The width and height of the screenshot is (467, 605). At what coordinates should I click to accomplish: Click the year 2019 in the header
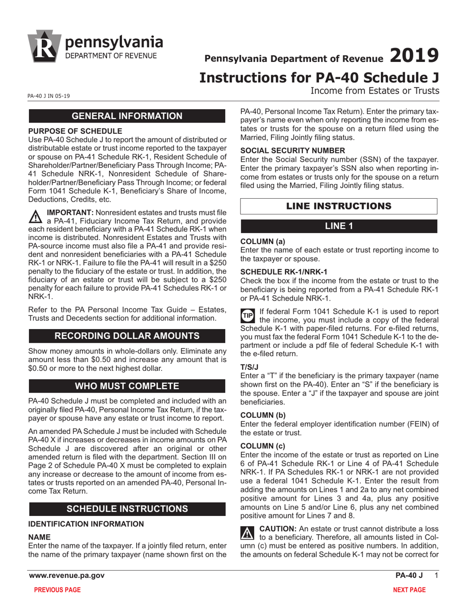point(413,56)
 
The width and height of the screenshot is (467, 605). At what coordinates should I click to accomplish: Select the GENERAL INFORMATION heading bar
point(127,116)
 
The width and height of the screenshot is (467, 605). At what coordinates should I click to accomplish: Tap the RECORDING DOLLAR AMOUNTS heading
point(127,336)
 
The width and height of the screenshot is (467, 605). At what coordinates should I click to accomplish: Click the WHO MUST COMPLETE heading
point(127,386)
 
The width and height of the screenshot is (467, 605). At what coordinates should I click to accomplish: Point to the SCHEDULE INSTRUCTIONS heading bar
point(127,509)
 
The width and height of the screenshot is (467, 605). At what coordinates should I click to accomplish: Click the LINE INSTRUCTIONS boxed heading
point(339,206)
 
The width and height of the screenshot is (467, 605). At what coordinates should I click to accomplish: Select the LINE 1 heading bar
point(339,226)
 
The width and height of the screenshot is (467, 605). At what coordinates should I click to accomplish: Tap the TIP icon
point(248,315)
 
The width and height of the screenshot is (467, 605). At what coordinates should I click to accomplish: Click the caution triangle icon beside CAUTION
point(247,533)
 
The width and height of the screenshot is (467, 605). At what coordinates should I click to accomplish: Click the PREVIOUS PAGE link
point(57,590)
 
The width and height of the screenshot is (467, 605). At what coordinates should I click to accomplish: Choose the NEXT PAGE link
point(409,590)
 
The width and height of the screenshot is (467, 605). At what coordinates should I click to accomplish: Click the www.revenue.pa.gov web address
point(66,575)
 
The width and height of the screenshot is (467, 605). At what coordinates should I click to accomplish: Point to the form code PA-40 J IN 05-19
point(49,96)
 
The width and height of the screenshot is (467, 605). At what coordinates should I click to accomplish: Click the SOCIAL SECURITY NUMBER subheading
point(293,151)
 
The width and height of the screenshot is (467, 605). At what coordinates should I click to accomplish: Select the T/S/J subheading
point(249,367)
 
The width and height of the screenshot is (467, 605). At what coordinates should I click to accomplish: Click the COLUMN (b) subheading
point(263,415)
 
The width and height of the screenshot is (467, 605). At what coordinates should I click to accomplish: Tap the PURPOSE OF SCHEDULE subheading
point(75,131)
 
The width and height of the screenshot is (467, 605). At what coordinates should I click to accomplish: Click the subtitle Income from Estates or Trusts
point(374,91)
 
